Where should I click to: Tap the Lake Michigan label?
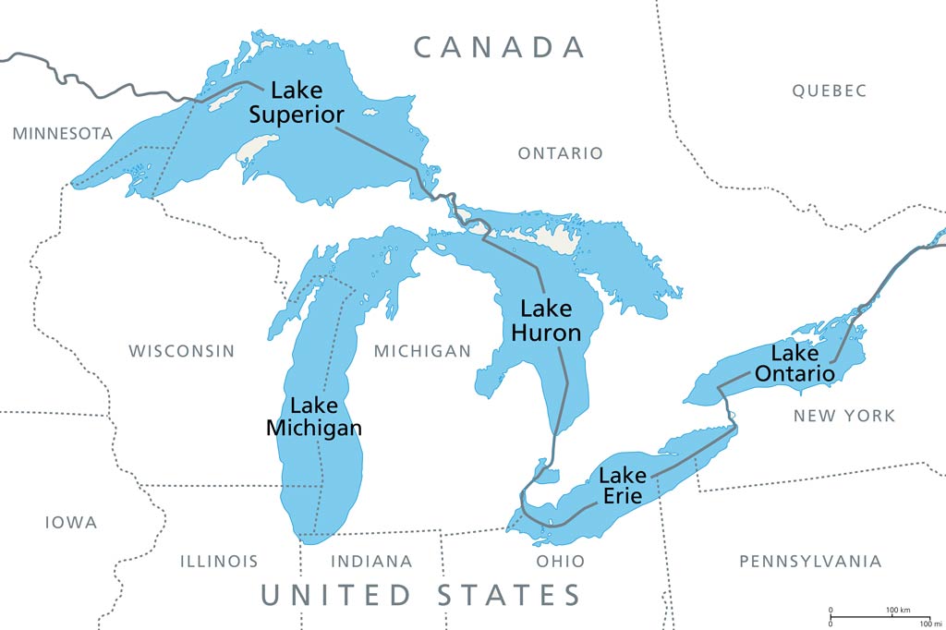tap(314, 417)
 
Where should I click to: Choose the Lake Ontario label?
tap(795, 363)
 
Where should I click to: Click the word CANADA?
tap(499, 47)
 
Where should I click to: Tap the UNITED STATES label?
tap(420, 594)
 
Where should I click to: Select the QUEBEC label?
tap(829, 91)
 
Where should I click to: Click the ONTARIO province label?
tap(560, 153)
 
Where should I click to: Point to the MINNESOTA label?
tap(63, 134)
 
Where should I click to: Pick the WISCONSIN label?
tap(181, 351)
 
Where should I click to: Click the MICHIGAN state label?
tap(422, 351)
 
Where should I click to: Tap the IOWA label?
tap(71, 523)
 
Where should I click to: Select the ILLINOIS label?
tap(219, 561)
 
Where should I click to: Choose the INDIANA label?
tap(371, 561)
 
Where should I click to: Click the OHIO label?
tap(561, 561)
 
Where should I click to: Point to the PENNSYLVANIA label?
tap(810, 561)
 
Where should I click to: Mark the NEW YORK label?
tap(844, 416)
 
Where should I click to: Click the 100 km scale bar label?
tap(899, 611)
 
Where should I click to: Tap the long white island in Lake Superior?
tap(258, 147)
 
